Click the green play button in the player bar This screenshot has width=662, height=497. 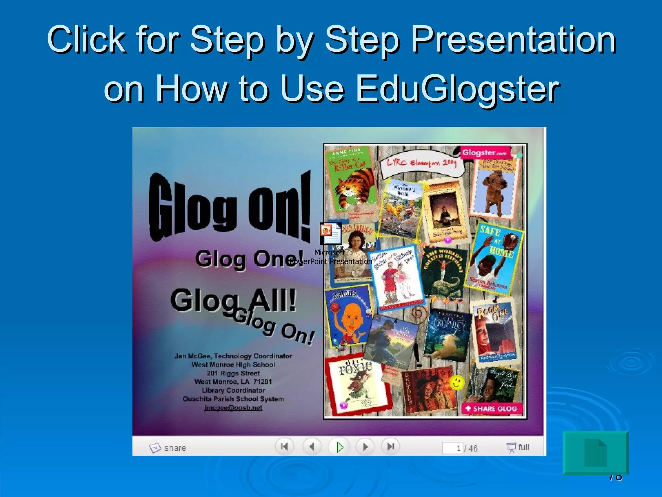tap(339, 447)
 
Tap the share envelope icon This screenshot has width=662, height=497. tap(155, 448)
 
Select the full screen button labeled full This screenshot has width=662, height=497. tap(518, 447)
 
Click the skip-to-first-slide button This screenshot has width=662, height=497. tap(284, 447)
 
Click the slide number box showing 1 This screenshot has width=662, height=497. tap(453, 448)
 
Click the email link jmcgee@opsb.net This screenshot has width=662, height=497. tap(233, 408)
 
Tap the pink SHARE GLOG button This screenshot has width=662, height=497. tap(492, 409)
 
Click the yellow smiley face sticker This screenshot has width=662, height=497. tap(456, 382)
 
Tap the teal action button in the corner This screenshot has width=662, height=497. tap(595, 452)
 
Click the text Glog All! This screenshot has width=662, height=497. tap(233, 300)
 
